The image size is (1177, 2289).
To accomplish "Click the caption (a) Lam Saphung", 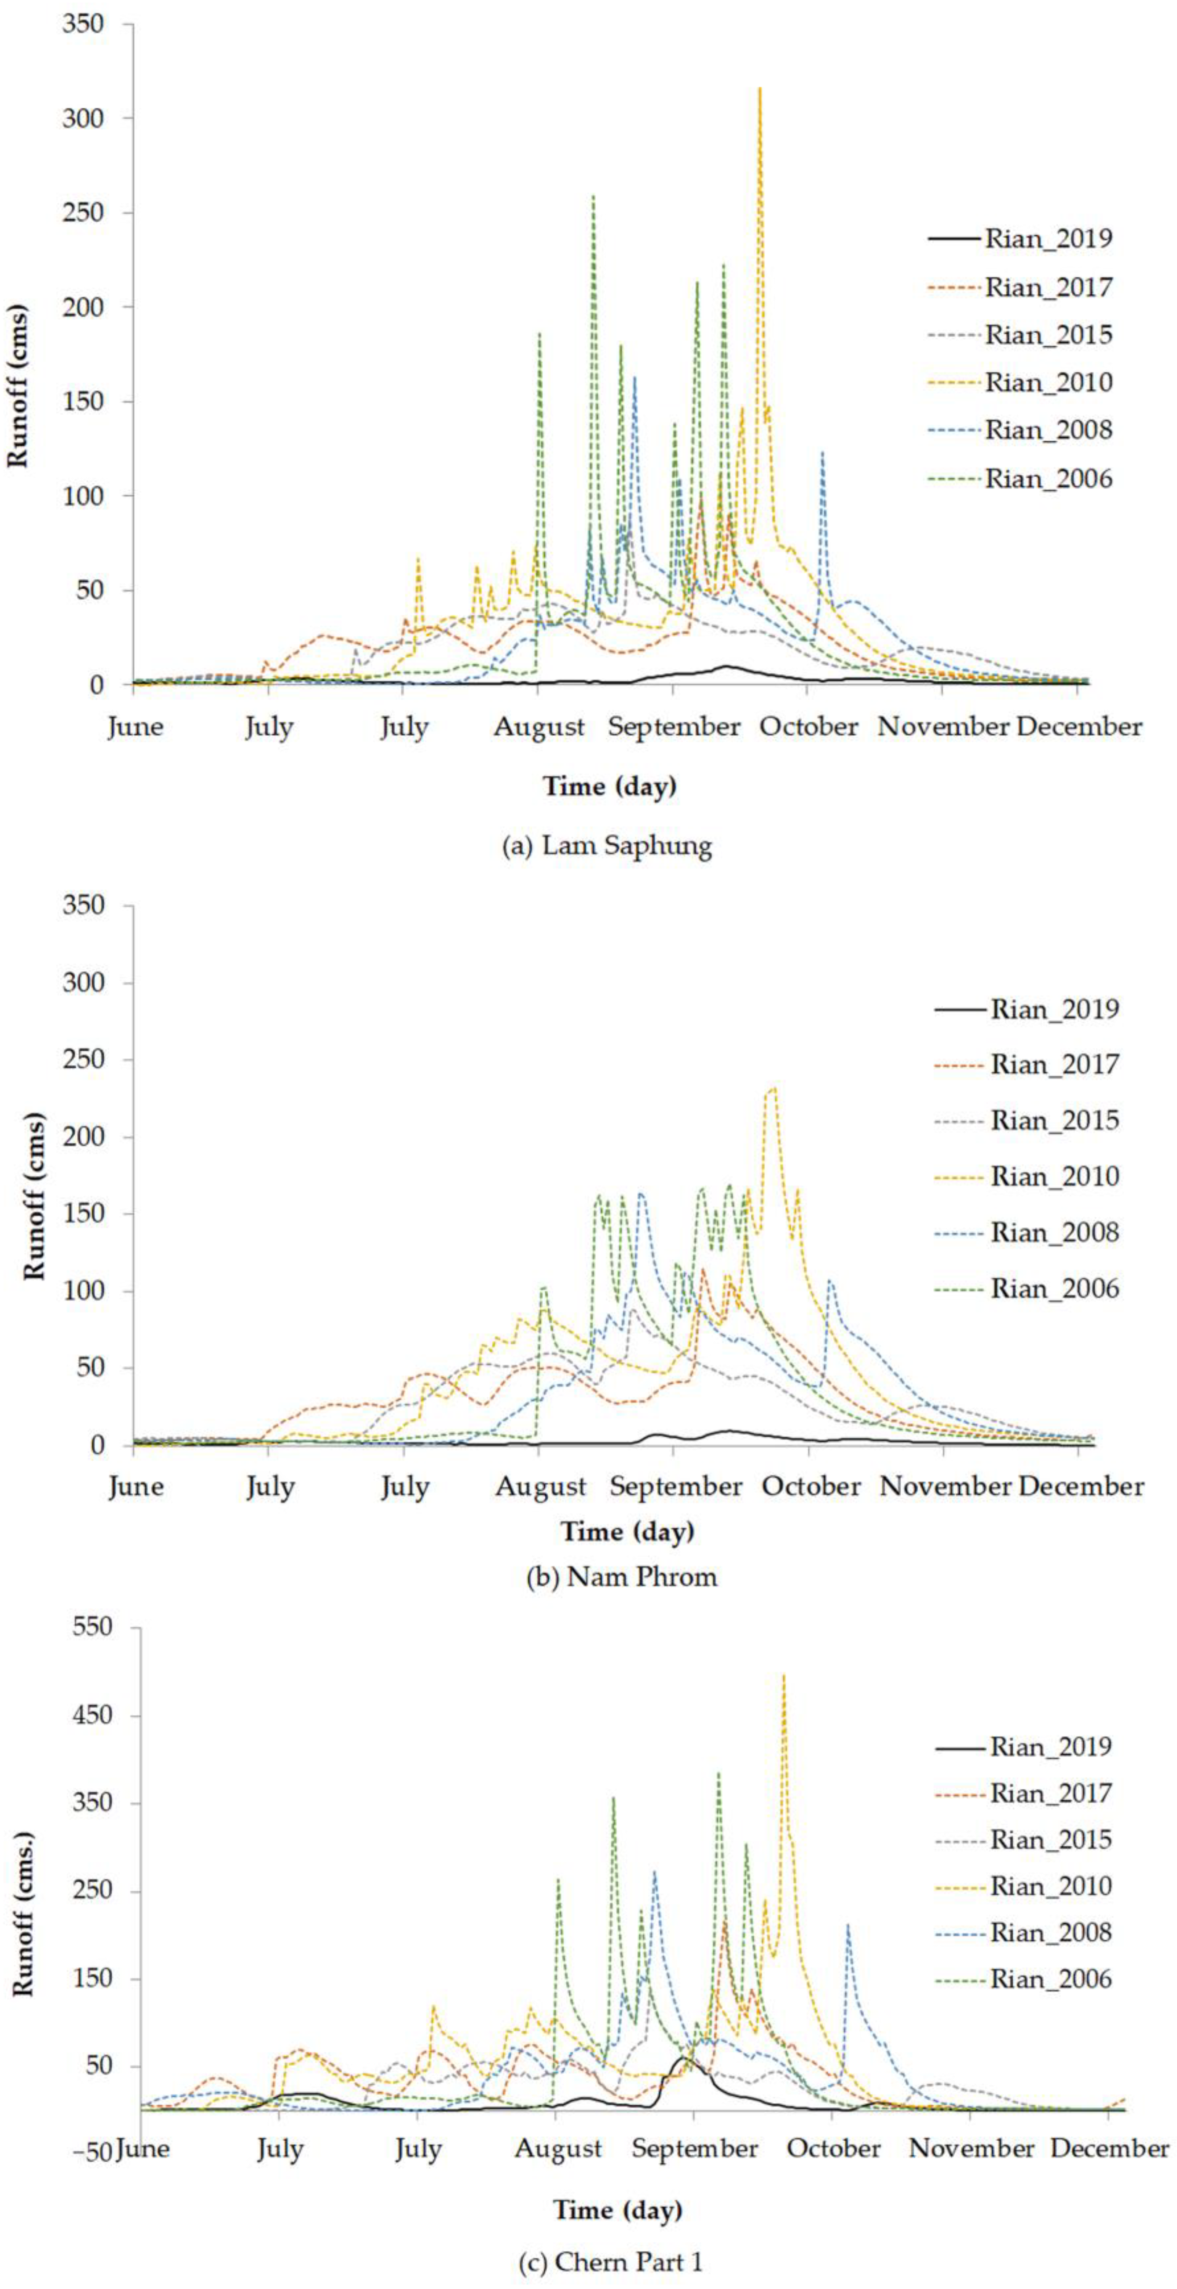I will point(607,845).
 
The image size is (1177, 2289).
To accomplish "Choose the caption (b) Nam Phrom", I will point(621,1577).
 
